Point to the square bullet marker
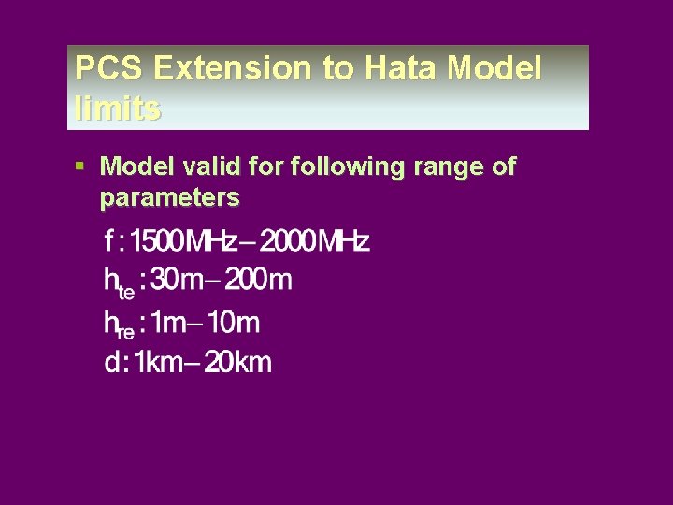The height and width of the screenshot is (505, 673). pyautogui.click(x=82, y=166)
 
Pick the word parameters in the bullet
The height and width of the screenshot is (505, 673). pyautogui.click(x=169, y=197)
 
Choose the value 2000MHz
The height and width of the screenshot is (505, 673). pyautogui.click(x=315, y=241)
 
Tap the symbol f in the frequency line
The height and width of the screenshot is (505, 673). pyautogui.click(x=109, y=241)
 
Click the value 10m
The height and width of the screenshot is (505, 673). pyautogui.click(x=234, y=324)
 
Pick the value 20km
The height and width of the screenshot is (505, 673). pyautogui.click(x=237, y=363)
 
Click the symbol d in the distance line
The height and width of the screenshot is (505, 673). pyautogui.click(x=111, y=363)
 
